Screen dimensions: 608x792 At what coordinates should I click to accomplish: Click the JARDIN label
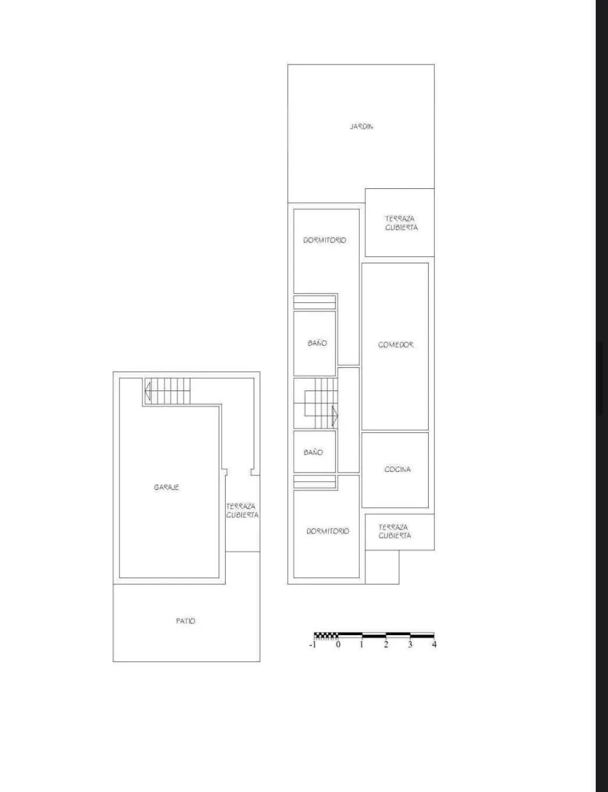[x=361, y=127]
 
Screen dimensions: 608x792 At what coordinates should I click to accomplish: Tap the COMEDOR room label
[x=396, y=345]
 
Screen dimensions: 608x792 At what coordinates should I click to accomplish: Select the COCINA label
[x=397, y=470]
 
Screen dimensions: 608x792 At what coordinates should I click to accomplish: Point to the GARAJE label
[x=166, y=488]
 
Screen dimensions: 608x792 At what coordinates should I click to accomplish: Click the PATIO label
[x=186, y=621]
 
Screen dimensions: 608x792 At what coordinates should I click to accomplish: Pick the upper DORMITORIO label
[x=325, y=240]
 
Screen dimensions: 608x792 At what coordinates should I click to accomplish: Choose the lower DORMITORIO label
[x=328, y=532]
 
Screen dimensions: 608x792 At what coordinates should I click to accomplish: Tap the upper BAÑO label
[x=317, y=343]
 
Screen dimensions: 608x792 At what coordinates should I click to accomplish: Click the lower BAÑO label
[x=313, y=452]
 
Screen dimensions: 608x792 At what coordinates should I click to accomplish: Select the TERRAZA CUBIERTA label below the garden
[x=401, y=223]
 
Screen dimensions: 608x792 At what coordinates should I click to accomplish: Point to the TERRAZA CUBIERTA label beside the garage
[x=242, y=511]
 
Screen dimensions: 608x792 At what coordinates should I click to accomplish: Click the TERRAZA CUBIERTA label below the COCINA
[x=394, y=532]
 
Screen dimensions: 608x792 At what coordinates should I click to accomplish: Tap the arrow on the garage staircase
[x=147, y=391]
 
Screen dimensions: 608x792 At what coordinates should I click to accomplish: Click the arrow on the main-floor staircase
[x=335, y=416]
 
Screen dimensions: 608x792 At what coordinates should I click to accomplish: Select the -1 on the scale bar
[x=312, y=644]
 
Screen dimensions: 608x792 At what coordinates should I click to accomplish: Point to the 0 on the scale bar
[x=338, y=644]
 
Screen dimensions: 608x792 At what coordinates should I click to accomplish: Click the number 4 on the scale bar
[x=434, y=644]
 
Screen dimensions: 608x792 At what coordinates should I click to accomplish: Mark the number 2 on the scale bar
[x=386, y=644]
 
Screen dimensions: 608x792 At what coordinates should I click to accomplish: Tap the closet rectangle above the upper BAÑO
[x=315, y=303]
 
